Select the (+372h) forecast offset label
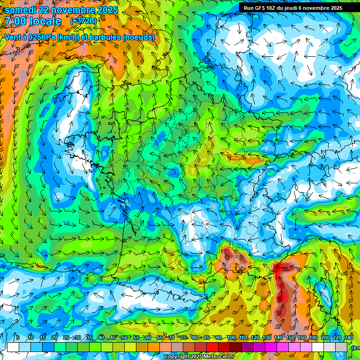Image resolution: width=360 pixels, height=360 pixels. point(84,21)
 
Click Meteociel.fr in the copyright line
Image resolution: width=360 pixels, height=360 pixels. point(217,357)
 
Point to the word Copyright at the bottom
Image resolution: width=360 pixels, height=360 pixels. point(177,357)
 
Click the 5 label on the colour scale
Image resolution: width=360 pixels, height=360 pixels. point(18,338)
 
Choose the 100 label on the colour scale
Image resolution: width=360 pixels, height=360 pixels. point(232,338)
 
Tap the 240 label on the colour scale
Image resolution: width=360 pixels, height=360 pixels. point(348,338)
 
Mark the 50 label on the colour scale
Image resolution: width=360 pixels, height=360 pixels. point(125,338)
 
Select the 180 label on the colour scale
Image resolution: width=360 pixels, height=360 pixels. point(313,338)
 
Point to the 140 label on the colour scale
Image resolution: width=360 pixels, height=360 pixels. point(278,338)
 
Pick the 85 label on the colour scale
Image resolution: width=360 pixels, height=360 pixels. point(207,338)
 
